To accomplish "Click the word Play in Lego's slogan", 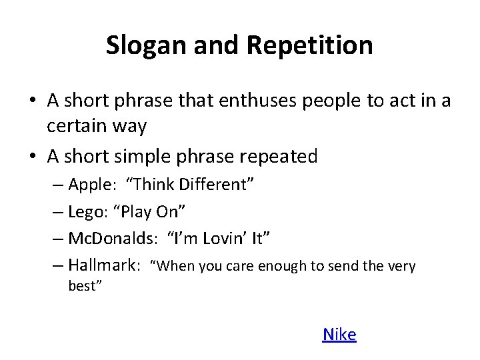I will pyautogui.click(x=140, y=211).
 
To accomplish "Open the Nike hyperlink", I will pyautogui.click(x=339, y=334).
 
